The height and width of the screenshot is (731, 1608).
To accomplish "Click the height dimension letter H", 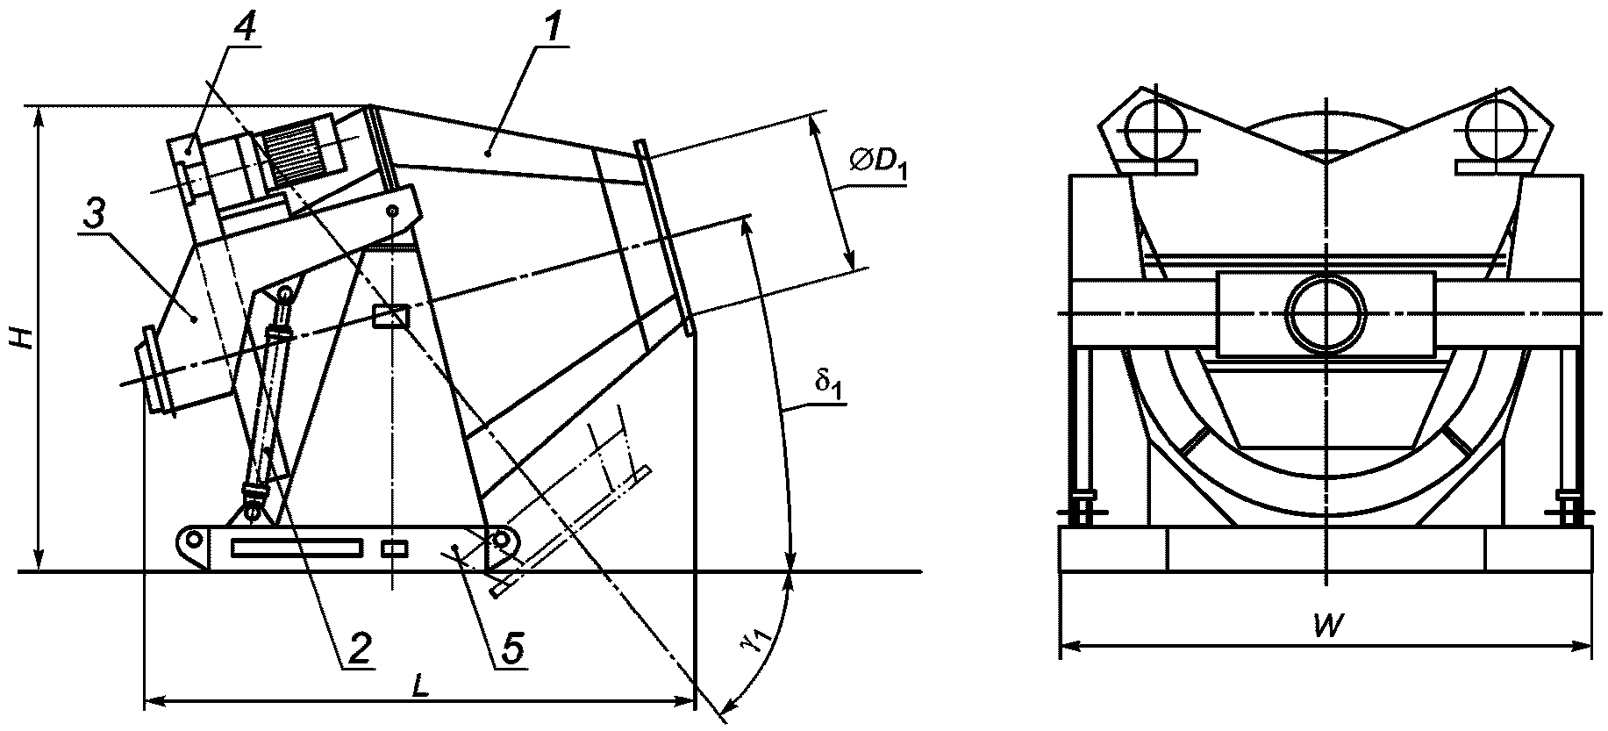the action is pos(25,338).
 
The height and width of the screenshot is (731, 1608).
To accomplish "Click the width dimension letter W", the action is pos(1331,626).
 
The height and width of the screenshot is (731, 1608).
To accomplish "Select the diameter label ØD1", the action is pos(877,165).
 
